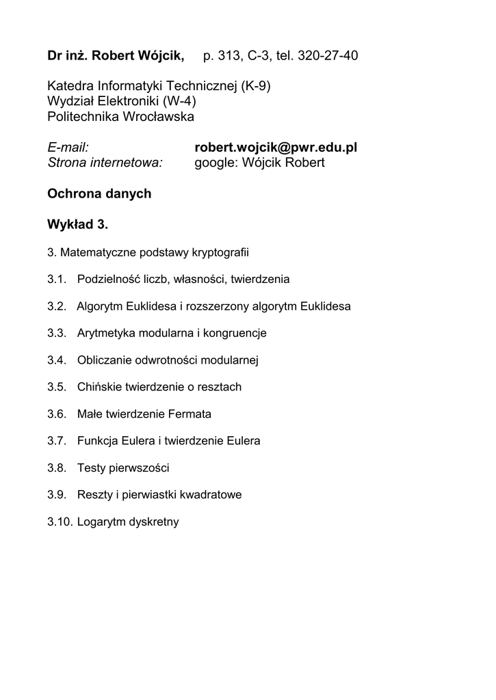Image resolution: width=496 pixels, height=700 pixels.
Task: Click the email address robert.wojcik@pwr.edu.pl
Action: tap(276, 148)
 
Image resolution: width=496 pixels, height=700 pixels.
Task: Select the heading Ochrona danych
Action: tap(99, 193)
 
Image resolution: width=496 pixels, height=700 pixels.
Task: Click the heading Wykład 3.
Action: tap(77, 224)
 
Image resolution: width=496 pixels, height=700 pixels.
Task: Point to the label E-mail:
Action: tap(69, 148)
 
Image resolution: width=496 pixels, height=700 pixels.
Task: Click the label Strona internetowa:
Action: tap(105, 163)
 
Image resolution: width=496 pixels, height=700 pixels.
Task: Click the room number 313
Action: tap(229, 55)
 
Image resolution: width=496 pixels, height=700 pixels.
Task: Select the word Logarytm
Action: tap(99, 522)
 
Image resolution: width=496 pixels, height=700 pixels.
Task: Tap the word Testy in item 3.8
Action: tap(91, 468)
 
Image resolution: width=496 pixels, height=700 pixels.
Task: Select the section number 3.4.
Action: tap(57, 360)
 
